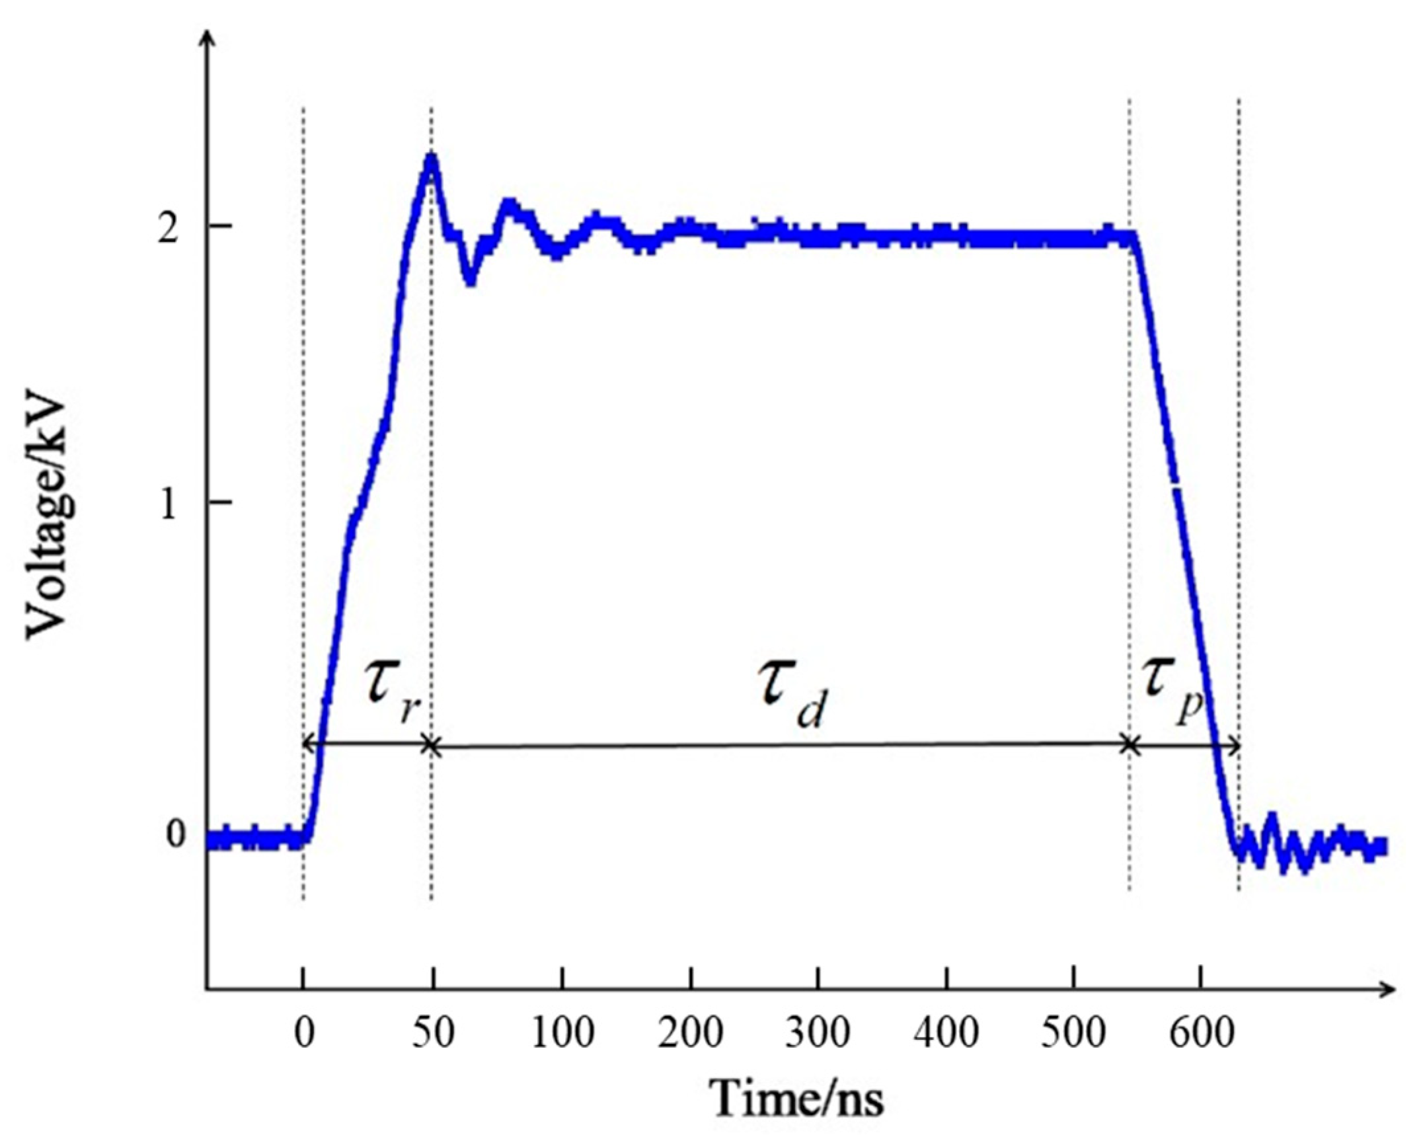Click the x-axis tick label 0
click(x=303, y=1033)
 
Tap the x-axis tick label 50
click(x=434, y=1033)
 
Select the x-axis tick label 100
click(x=562, y=1033)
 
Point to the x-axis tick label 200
click(x=691, y=1033)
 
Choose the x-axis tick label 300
click(x=818, y=1033)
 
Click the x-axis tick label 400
click(x=946, y=1033)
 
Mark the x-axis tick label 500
click(x=1074, y=1033)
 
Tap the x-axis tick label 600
click(x=1202, y=1033)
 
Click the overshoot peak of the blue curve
click(x=432, y=159)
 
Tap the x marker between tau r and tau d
click(x=431, y=746)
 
